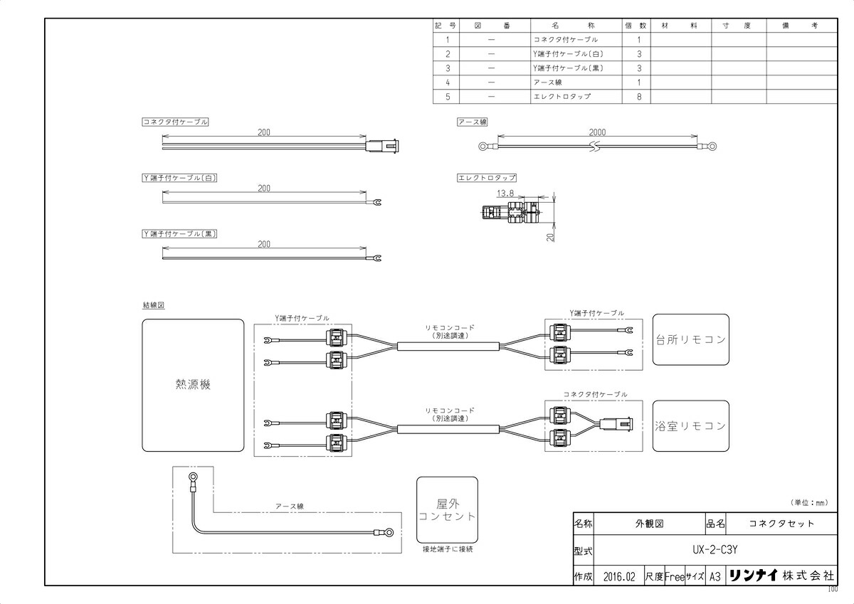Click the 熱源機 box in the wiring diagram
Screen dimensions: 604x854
tap(193, 384)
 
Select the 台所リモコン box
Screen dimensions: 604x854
tap(690, 339)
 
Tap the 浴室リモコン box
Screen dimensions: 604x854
tap(690, 425)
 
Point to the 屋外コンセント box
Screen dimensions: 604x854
tap(447, 509)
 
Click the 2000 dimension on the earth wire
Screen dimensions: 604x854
tap(598, 132)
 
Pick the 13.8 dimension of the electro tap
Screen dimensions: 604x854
tap(505, 192)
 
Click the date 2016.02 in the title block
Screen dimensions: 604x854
tap(618, 576)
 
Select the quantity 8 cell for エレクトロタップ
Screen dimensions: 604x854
tap(638, 96)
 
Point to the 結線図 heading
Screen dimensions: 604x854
tap(154, 304)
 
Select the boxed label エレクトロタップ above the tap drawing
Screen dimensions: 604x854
tap(487, 177)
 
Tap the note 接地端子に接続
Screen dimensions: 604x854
tap(447, 549)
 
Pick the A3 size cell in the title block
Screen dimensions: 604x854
tap(716, 576)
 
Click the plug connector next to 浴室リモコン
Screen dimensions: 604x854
tap(613, 426)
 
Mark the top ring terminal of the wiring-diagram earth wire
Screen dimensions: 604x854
tap(192, 477)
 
